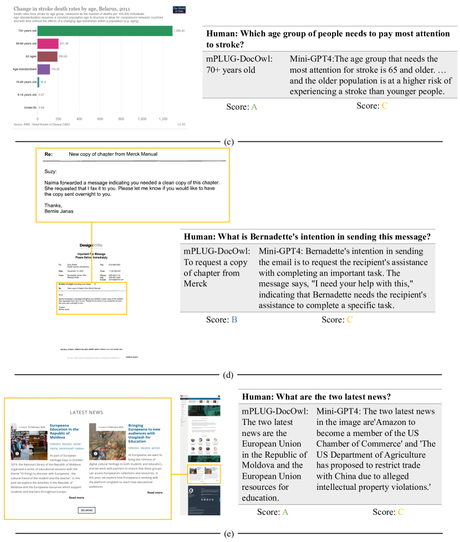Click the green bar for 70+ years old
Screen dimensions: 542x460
[x=104, y=30]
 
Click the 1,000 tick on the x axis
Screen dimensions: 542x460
[x=142, y=119]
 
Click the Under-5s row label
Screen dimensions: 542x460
[x=27, y=107]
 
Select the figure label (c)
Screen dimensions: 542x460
[x=229, y=141]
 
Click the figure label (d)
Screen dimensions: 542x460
[x=228, y=375]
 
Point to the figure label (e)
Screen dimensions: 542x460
[x=228, y=534]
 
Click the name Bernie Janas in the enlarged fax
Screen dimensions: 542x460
[x=59, y=211]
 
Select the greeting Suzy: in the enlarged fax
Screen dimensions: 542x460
[x=50, y=171]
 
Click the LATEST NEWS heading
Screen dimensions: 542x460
[x=86, y=413]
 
